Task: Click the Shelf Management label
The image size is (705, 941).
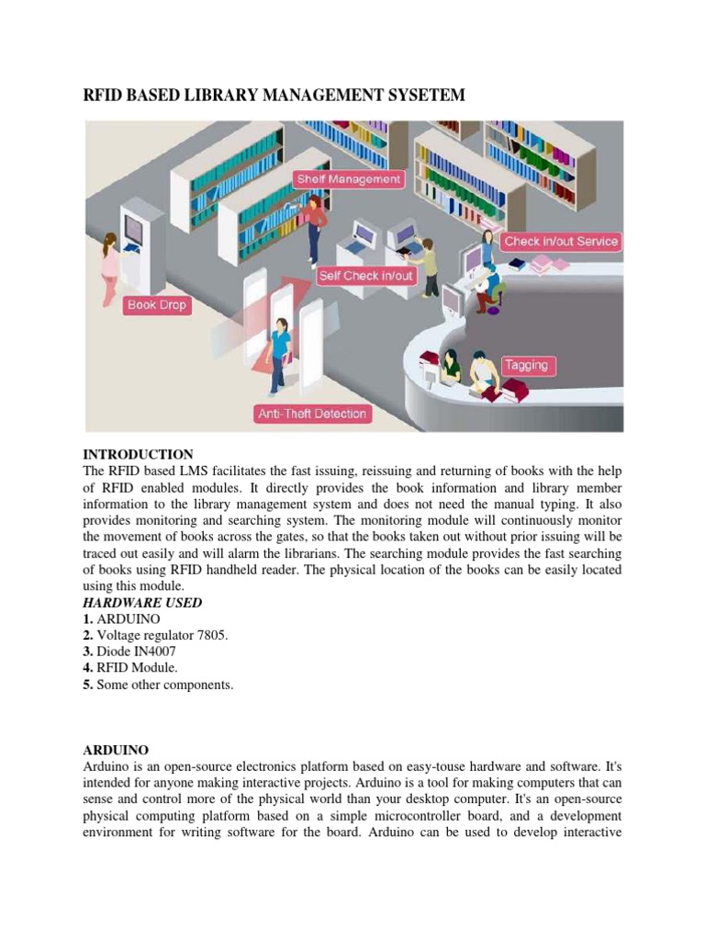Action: [349, 179]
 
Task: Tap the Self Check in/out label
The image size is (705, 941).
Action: [365, 275]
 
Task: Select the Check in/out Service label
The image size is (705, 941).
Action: [561, 241]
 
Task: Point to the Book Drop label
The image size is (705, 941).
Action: [157, 305]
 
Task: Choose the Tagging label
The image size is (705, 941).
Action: [526, 365]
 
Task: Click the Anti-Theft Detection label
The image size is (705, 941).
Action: [312, 414]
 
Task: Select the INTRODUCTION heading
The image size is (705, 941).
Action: [138, 454]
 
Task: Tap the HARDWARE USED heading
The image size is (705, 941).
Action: [142, 602]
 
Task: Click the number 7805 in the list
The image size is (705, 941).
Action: [209, 635]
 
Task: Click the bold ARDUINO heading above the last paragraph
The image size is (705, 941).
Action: [116, 750]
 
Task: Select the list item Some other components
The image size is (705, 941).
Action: [165, 685]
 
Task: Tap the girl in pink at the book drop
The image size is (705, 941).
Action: [110, 266]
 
